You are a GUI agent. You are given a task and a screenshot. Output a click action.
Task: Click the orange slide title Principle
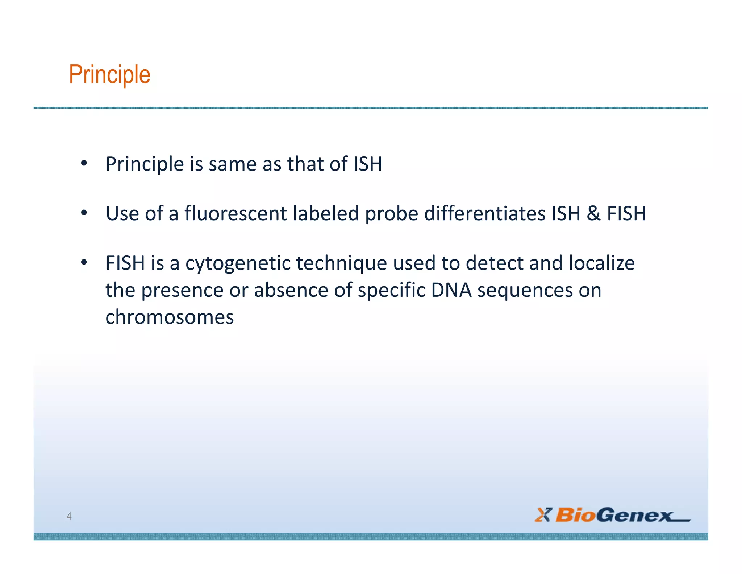pyautogui.click(x=109, y=75)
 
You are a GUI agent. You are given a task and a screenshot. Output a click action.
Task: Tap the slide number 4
pyautogui.click(x=69, y=516)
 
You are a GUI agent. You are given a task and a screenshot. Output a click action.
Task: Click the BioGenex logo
pyautogui.click(x=612, y=515)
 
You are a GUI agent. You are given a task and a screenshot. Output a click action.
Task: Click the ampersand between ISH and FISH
pyautogui.click(x=593, y=213)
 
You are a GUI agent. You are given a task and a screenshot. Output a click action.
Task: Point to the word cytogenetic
pyautogui.click(x=238, y=264)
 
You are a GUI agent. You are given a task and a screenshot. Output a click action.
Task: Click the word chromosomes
pyautogui.click(x=170, y=317)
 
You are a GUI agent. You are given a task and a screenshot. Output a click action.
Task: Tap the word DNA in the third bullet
pyautogui.click(x=451, y=290)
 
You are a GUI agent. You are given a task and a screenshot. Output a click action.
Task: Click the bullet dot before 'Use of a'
pyautogui.click(x=84, y=213)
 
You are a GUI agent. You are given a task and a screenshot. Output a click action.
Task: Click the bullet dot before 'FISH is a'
pyautogui.click(x=84, y=262)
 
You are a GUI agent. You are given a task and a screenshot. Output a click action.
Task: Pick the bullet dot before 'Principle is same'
pyautogui.click(x=84, y=163)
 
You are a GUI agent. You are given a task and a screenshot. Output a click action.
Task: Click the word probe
pyautogui.click(x=392, y=214)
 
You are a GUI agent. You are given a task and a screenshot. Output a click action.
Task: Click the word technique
pyautogui.click(x=342, y=264)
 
